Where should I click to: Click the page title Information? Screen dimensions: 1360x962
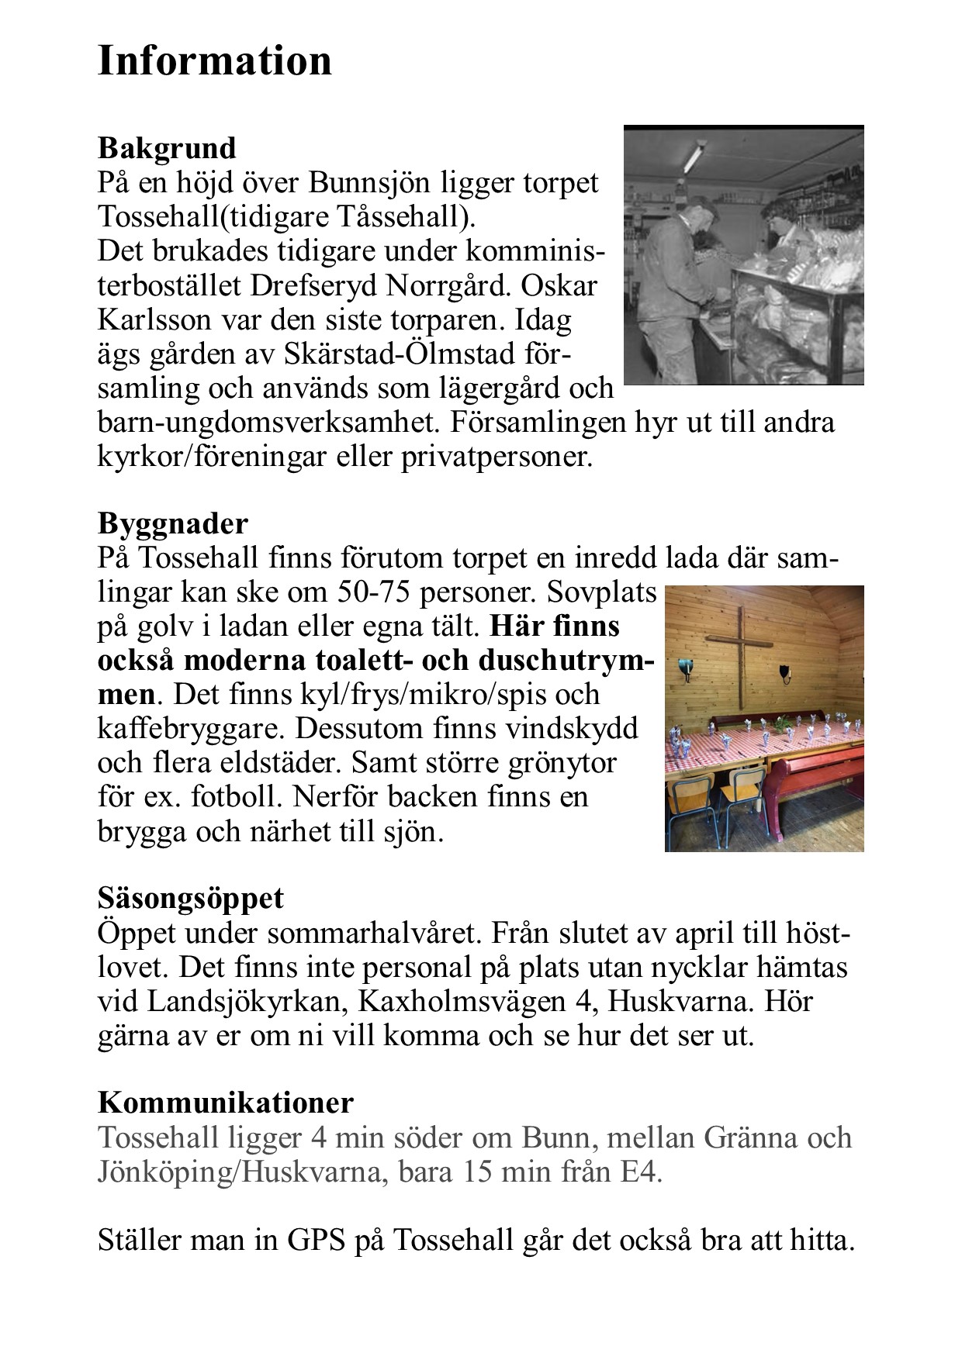tap(215, 60)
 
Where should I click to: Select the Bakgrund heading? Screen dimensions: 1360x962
tap(167, 147)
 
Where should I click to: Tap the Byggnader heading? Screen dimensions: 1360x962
tap(172, 523)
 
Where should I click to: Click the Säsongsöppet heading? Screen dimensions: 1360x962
tap(191, 898)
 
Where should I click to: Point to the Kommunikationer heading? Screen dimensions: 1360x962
tap(226, 1102)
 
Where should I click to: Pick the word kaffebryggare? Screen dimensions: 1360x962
tap(192, 728)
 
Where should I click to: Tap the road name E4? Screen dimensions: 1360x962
tap(640, 1171)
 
